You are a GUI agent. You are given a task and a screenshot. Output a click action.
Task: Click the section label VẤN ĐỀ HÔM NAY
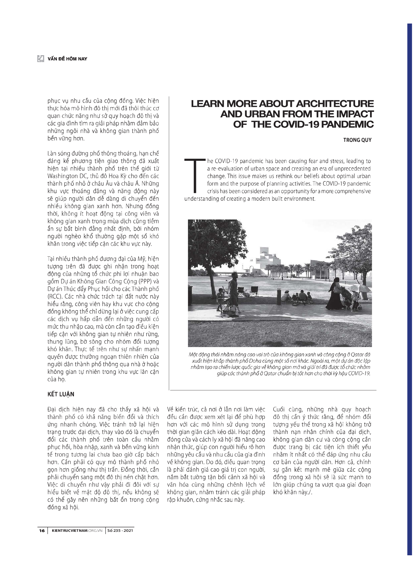click(x=67, y=59)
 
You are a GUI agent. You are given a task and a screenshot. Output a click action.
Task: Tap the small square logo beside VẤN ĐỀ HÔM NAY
click(x=41, y=59)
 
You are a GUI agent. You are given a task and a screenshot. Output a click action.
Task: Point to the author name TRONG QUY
click(x=357, y=140)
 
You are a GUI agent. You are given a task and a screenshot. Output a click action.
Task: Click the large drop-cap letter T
click(x=195, y=176)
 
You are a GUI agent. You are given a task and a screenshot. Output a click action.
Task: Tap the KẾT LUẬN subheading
click(x=61, y=394)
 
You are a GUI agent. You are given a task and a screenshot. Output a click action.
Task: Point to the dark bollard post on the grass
click(x=279, y=296)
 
